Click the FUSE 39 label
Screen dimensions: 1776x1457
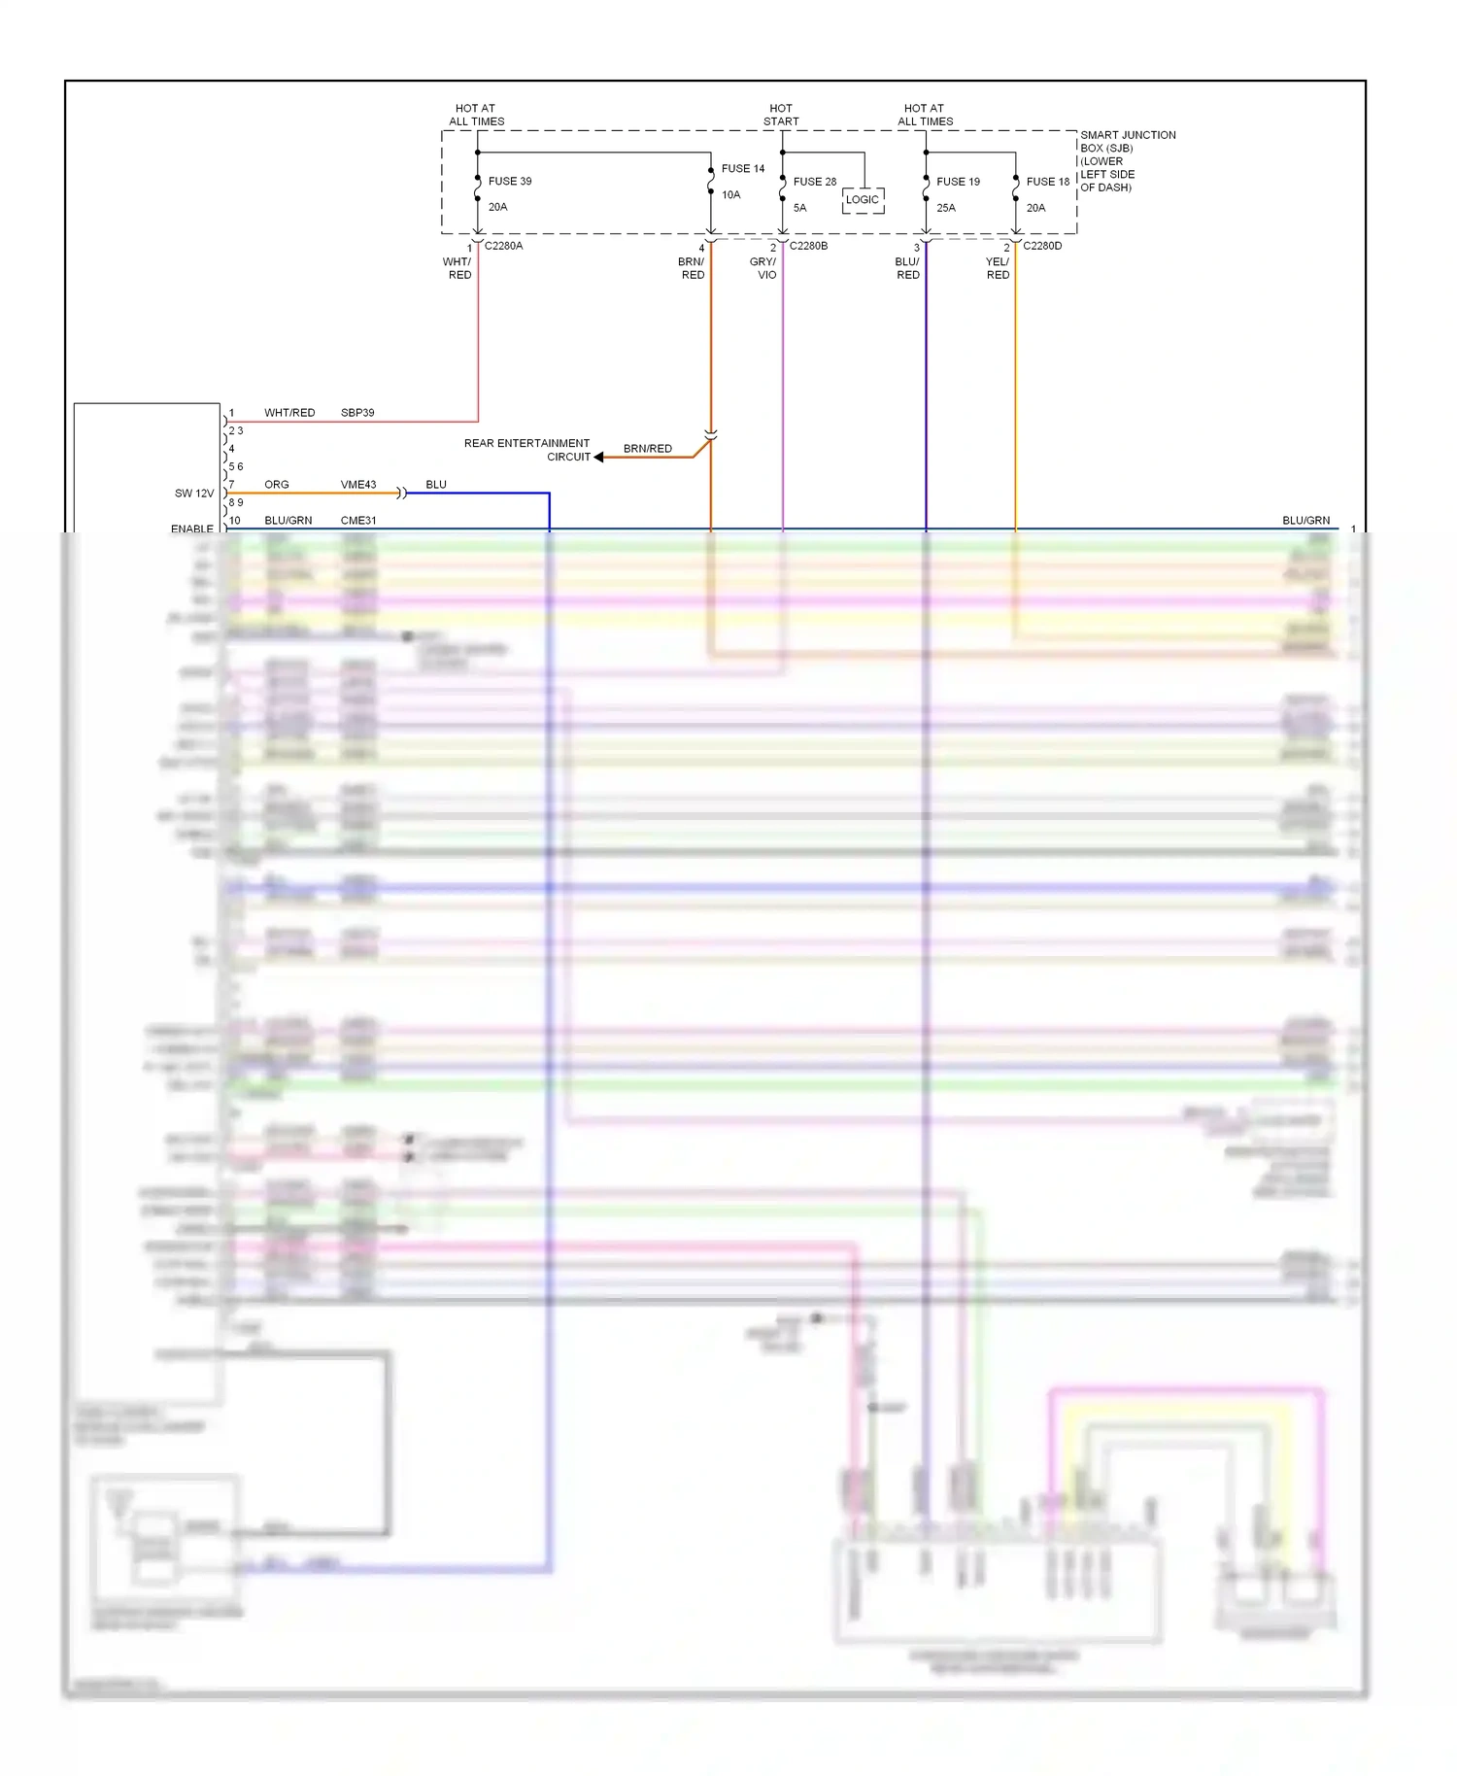pyautogui.click(x=509, y=182)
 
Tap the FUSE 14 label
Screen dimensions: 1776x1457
pyautogui.click(x=742, y=169)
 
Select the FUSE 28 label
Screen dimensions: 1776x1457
pyautogui.click(x=814, y=182)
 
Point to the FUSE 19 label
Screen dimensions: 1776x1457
pyautogui.click(x=958, y=182)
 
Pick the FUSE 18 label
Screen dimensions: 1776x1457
pyautogui.click(x=1047, y=182)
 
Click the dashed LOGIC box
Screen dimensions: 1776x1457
pyautogui.click(x=863, y=200)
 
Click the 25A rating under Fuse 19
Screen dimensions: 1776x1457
pyautogui.click(x=946, y=208)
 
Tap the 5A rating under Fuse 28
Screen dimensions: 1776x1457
pyautogui.click(x=799, y=208)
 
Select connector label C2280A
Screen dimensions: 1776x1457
pyautogui.click(x=503, y=247)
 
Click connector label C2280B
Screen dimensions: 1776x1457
pyautogui.click(x=808, y=247)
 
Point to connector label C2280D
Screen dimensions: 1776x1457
pyautogui.click(x=1042, y=247)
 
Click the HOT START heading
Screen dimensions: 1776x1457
pyautogui.click(x=781, y=116)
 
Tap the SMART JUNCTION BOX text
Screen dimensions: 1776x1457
pyautogui.click(x=1127, y=142)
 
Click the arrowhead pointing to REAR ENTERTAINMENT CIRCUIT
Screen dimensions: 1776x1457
pyautogui.click(x=599, y=457)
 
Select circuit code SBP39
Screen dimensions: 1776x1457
pyautogui.click(x=357, y=413)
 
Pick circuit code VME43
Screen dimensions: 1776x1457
pyautogui.click(x=357, y=485)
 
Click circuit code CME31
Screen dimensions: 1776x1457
pyautogui.click(x=357, y=521)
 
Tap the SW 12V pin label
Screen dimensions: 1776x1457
pyautogui.click(x=193, y=494)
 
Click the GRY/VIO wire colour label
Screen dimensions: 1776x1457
pyautogui.click(x=763, y=269)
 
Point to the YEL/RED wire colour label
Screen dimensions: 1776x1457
pyautogui.click(x=998, y=269)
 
